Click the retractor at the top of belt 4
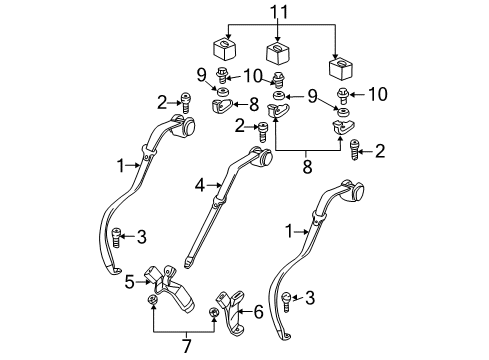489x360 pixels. [261, 157]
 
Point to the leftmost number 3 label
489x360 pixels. [143, 237]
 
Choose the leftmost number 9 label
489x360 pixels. [200, 74]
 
